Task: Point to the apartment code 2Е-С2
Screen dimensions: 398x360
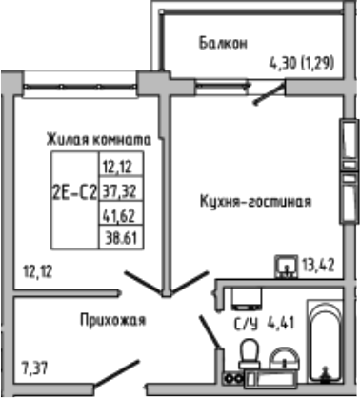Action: tap(73, 191)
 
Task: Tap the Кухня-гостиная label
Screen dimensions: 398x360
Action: tap(256, 202)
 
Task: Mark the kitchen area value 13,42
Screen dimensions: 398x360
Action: tap(319, 265)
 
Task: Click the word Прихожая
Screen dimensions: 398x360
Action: tap(111, 321)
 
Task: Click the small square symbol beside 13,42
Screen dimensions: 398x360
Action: tap(284, 264)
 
